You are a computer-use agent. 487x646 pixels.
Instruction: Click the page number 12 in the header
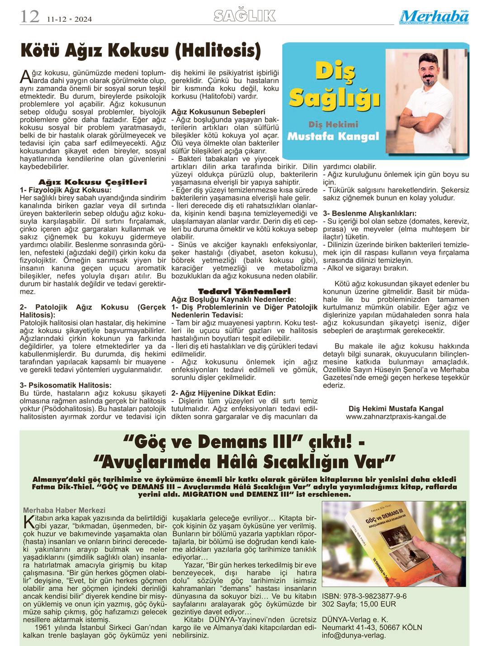[x=29, y=17]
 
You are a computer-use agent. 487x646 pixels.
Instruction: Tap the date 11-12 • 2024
[x=72, y=19]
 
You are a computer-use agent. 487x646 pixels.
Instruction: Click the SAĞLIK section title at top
[x=245, y=16]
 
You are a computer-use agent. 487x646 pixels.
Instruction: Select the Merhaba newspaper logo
[x=434, y=17]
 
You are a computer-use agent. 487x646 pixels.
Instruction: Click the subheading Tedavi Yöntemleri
[x=244, y=291]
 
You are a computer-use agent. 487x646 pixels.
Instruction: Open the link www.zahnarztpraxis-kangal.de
[x=396, y=416]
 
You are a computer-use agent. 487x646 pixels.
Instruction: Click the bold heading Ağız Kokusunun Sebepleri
[x=218, y=111]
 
